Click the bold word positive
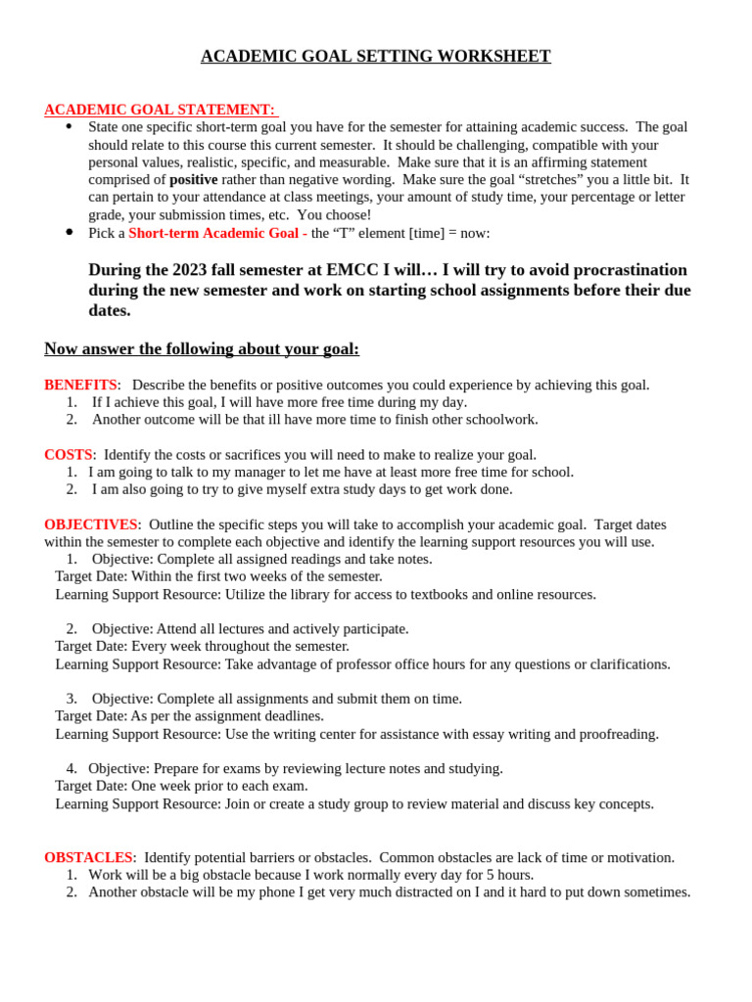click(x=193, y=180)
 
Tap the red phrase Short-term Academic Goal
click(x=213, y=233)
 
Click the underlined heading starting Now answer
click(x=202, y=349)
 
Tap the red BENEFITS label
click(x=80, y=386)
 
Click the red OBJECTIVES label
click(x=90, y=525)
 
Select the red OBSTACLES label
click(x=88, y=858)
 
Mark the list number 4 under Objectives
click(x=71, y=769)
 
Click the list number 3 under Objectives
click(x=71, y=699)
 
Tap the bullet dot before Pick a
click(x=69, y=232)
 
